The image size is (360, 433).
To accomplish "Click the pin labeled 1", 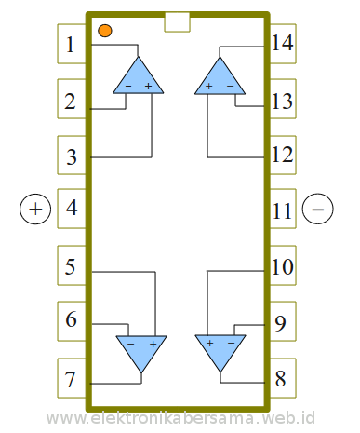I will [72, 45].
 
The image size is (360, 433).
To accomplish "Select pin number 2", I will [72, 101].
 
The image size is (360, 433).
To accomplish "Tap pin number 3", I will [72, 156].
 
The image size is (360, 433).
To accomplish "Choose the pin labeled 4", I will [72, 209].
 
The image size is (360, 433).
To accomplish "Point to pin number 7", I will [72, 380].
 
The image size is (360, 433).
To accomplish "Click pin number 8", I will [282, 380].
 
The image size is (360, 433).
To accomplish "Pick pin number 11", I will [283, 210].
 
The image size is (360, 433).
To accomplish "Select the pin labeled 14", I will [283, 43].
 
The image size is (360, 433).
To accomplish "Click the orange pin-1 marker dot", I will [104, 32].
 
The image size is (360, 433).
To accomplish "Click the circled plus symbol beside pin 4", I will [34, 209].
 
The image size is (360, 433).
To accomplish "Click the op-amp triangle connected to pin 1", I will [138, 77].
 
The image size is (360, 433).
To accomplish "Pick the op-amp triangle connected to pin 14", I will [220, 77].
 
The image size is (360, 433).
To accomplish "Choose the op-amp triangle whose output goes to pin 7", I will [141, 352].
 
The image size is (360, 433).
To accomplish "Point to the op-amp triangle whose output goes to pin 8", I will [220, 352].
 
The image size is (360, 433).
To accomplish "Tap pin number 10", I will [283, 268].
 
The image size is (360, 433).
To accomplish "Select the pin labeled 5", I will [72, 268].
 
